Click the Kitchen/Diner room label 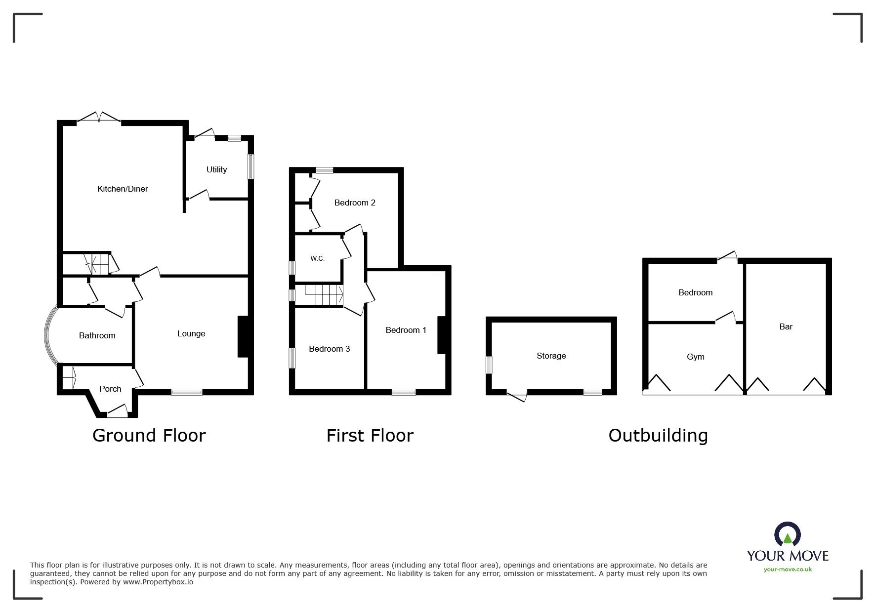pos(123,189)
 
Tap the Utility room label pos(216,170)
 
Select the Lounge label pos(191,334)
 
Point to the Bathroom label pos(97,336)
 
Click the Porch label pos(110,389)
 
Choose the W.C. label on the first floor pos(317,258)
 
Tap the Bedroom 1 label pos(406,330)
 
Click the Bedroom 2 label pos(355,203)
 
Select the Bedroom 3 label pos(330,349)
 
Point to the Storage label pos(551,356)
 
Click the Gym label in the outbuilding pos(696,357)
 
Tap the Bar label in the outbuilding pos(786,326)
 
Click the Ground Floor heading pos(149,436)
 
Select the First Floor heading pos(370,436)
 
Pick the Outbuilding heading pos(658,436)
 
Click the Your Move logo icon pos(788,535)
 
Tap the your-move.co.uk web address pos(788,570)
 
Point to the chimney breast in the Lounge pos(243,336)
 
